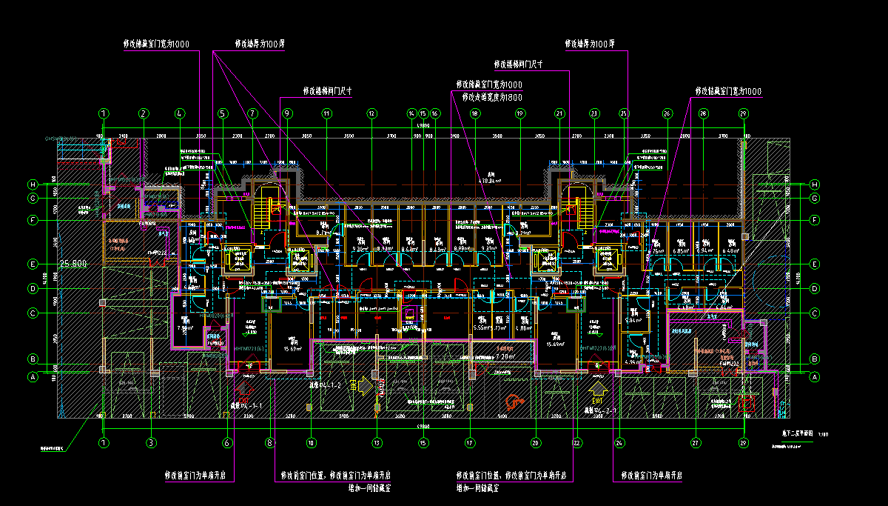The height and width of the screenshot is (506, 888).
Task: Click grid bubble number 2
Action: click(x=144, y=113)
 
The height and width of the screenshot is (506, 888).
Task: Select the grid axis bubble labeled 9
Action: click(x=288, y=113)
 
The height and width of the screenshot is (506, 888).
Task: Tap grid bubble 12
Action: click(x=371, y=113)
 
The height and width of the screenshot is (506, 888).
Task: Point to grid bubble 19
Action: click(x=520, y=113)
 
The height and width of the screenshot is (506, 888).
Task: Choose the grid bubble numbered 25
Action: click(x=623, y=113)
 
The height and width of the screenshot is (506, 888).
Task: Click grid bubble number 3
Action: click(x=151, y=442)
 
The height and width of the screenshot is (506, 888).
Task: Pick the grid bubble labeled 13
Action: click(x=377, y=442)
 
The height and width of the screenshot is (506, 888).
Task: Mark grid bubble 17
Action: click(x=469, y=442)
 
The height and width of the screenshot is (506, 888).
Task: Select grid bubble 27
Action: click(x=696, y=442)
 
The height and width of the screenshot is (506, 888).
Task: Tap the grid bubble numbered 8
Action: click(x=270, y=442)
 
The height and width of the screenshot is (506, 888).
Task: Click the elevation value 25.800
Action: click(x=73, y=264)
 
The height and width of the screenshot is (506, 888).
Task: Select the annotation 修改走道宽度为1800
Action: click(x=490, y=97)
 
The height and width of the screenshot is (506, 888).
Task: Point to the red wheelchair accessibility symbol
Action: click(x=511, y=402)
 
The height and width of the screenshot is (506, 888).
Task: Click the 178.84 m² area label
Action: click(x=489, y=180)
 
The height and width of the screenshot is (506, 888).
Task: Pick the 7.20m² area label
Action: click(x=505, y=356)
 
